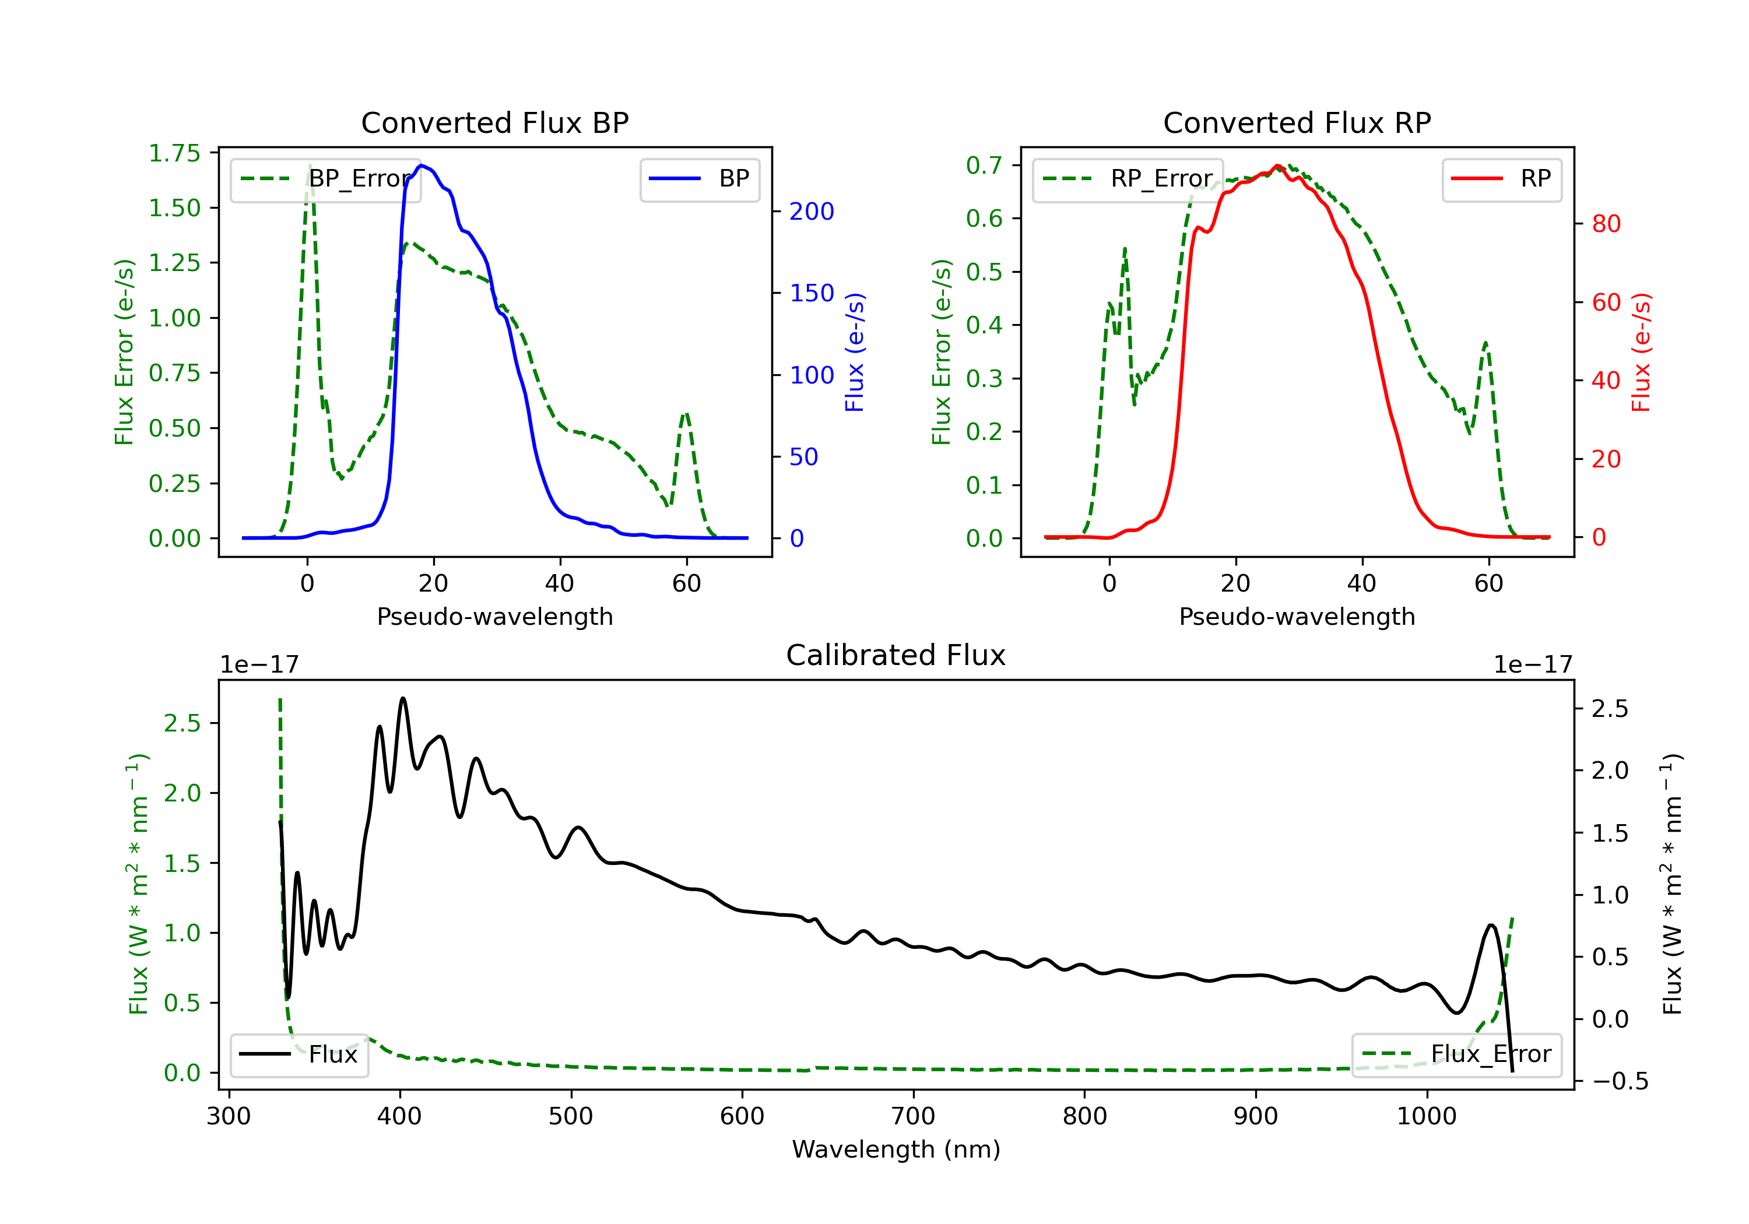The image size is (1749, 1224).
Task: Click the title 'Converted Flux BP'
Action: pyautogui.click(x=494, y=122)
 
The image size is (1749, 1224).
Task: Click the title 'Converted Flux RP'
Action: pyautogui.click(x=1297, y=122)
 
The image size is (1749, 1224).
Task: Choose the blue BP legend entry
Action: pyautogui.click(x=699, y=179)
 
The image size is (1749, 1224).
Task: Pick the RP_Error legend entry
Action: pyautogui.click(x=1128, y=179)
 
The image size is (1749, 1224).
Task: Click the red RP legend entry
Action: pyautogui.click(x=1501, y=179)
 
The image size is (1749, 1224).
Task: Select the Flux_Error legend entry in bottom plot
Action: pyautogui.click(x=1456, y=1054)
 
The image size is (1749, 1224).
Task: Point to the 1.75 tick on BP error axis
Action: pyautogui.click(x=174, y=153)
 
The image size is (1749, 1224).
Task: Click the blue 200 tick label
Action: pyautogui.click(x=812, y=212)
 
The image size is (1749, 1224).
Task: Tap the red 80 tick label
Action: pyautogui.click(x=1606, y=224)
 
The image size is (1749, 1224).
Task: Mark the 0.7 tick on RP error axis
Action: pyautogui.click(x=984, y=166)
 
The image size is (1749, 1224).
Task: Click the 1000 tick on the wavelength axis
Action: pyautogui.click(x=1426, y=1117)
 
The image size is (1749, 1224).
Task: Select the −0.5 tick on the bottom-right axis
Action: pyautogui.click(x=1620, y=1082)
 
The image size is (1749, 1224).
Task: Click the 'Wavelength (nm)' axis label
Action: pyautogui.click(x=896, y=1149)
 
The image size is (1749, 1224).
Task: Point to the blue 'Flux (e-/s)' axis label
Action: pyautogui.click(x=855, y=352)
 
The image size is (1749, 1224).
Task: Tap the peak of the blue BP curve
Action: pyautogui.click(x=422, y=166)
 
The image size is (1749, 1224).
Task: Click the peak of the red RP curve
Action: pyautogui.click(x=1277, y=166)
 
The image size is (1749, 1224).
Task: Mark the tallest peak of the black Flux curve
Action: pyautogui.click(x=403, y=698)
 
